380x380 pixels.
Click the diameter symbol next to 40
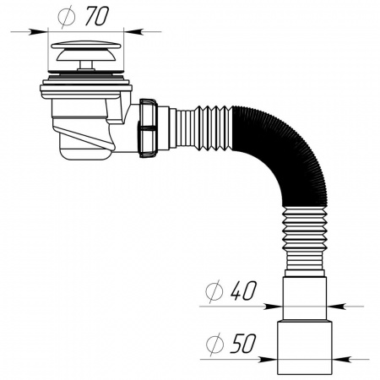tap(214, 293)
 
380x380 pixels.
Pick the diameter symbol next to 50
tap(214, 345)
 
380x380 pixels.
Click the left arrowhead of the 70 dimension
tap(45, 30)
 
